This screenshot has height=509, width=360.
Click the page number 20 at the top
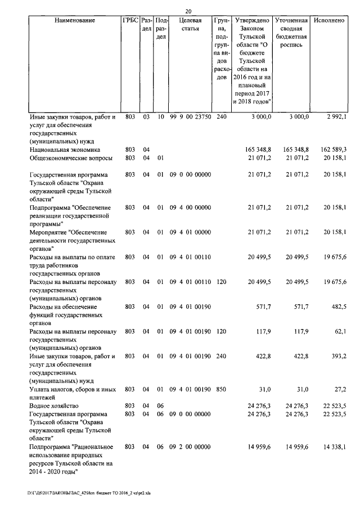click(188, 11)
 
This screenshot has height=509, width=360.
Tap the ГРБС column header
click(130, 20)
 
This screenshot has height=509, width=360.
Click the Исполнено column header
click(330, 20)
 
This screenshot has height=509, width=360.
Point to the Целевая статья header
click(191, 24)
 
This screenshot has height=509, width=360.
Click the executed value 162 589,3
click(331, 150)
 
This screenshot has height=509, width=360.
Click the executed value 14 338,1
click(333, 447)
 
